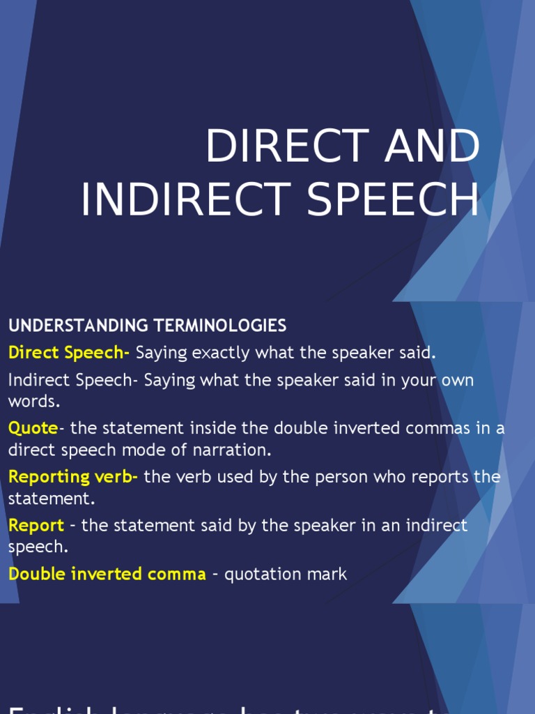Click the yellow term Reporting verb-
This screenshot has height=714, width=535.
[x=73, y=477]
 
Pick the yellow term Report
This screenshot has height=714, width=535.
[x=36, y=525]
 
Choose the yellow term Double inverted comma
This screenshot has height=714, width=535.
[x=107, y=574]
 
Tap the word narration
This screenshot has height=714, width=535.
[x=237, y=450]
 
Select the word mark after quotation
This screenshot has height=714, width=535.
[x=330, y=574]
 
